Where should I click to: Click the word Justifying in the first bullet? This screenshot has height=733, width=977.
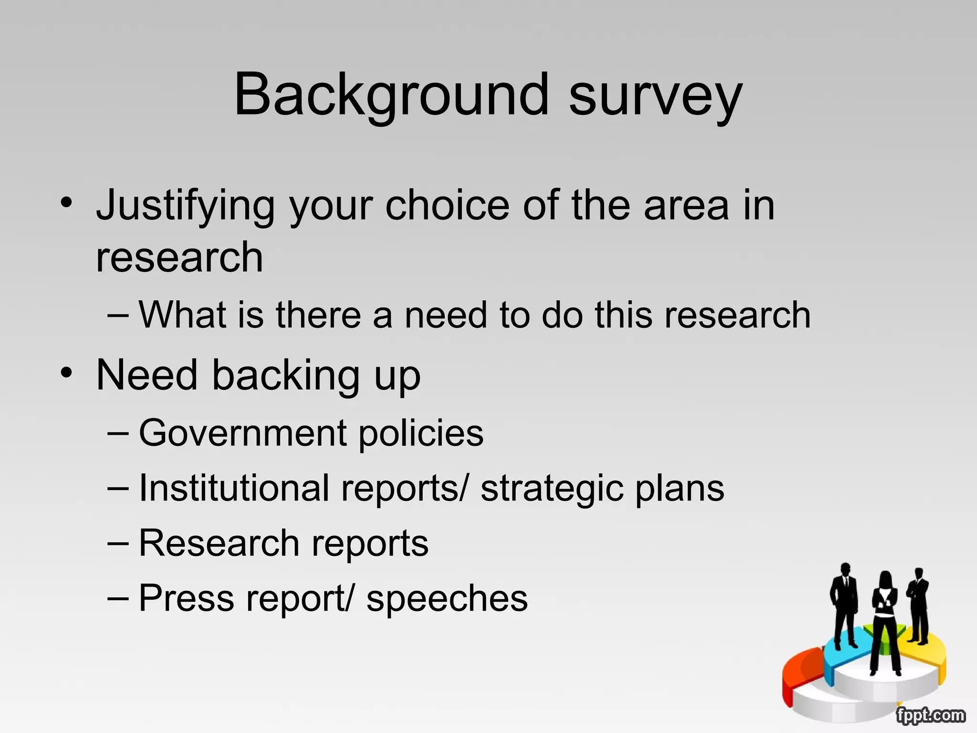(186, 206)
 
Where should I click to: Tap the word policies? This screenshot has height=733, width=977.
(421, 434)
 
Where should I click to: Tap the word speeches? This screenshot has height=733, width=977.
(447, 598)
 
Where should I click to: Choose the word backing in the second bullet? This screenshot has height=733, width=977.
(285, 376)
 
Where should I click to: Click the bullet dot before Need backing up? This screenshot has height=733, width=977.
(67, 372)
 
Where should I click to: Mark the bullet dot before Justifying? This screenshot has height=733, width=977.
(67, 202)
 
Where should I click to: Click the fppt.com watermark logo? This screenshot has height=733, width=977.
(930, 715)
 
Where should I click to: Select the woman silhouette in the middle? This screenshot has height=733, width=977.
(885, 620)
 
